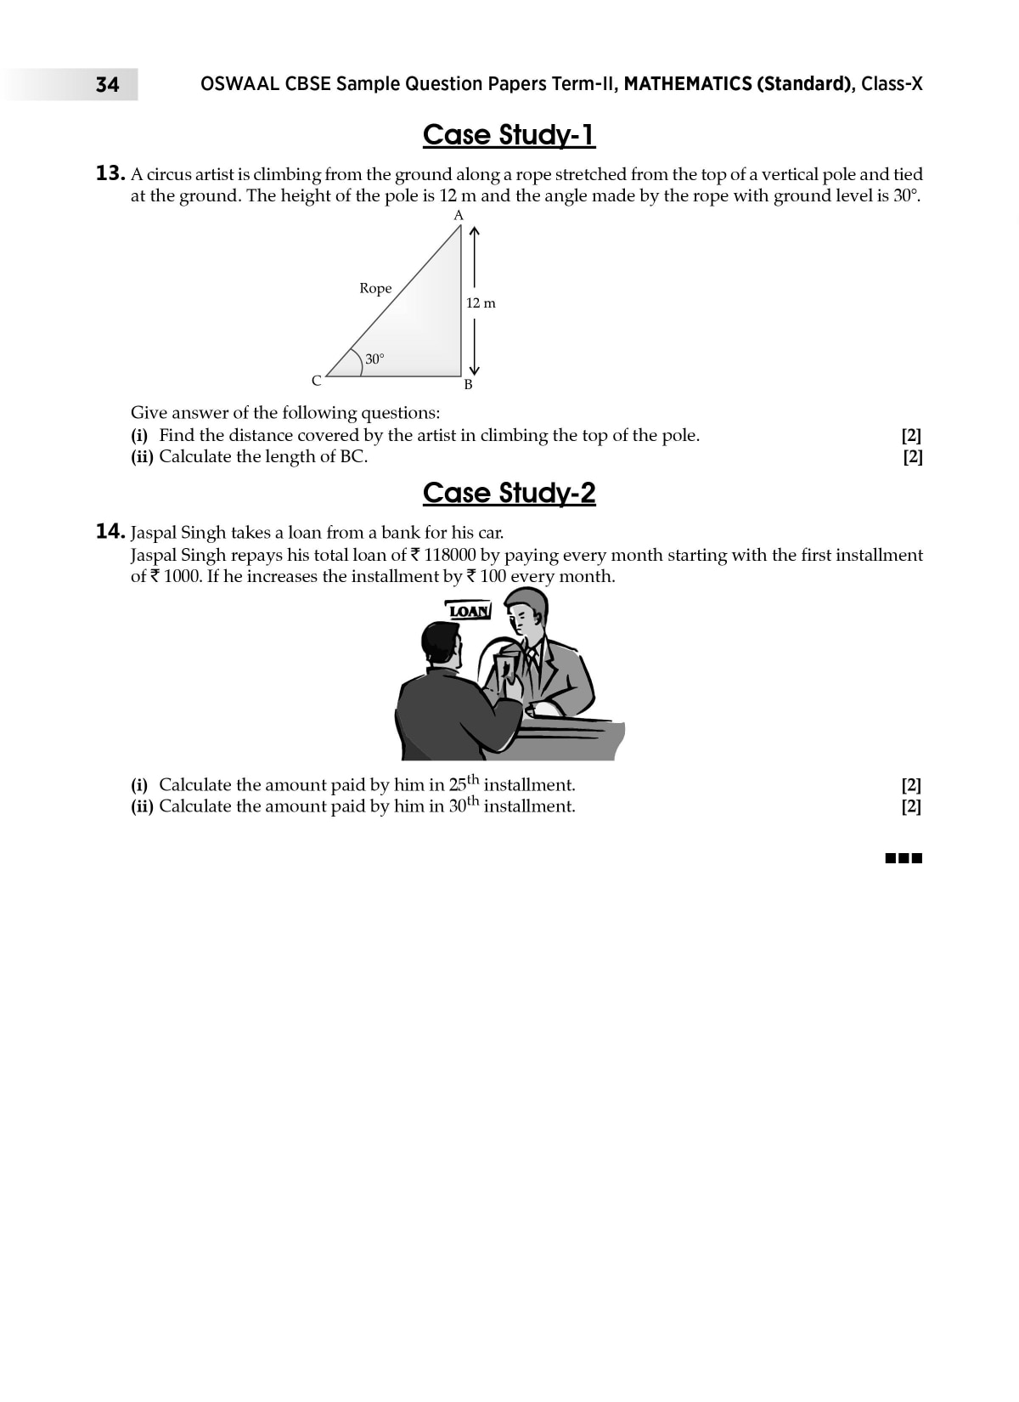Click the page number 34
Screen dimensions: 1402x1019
pyautogui.click(x=107, y=84)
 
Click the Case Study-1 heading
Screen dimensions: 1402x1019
pyautogui.click(x=509, y=134)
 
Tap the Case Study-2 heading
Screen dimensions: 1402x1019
pyautogui.click(x=509, y=493)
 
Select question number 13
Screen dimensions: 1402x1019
pyautogui.click(x=110, y=174)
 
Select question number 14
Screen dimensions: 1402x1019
pyautogui.click(x=110, y=533)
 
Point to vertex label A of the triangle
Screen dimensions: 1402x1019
pyautogui.click(x=459, y=216)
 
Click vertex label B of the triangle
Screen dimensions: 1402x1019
pyautogui.click(x=468, y=385)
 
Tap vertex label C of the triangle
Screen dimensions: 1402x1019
pyautogui.click(x=316, y=381)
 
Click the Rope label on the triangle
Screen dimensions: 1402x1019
pyautogui.click(x=375, y=288)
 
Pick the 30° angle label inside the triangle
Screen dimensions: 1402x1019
pyautogui.click(x=374, y=359)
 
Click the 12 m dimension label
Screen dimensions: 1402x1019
pyautogui.click(x=481, y=302)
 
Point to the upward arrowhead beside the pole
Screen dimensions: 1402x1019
pyautogui.click(x=475, y=230)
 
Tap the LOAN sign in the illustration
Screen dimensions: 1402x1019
pyautogui.click(x=469, y=611)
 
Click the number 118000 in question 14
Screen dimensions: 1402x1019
pyautogui.click(x=449, y=555)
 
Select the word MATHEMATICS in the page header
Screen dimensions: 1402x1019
pyautogui.click(x=687, y=83)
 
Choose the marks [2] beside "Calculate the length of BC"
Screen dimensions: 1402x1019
pyautogui.click(x=912, y=457)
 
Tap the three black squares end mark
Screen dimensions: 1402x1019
pyautogui.click(x=904, y=858)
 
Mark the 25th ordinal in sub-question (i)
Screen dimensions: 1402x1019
pyautogui.click(x=464, y=783)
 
